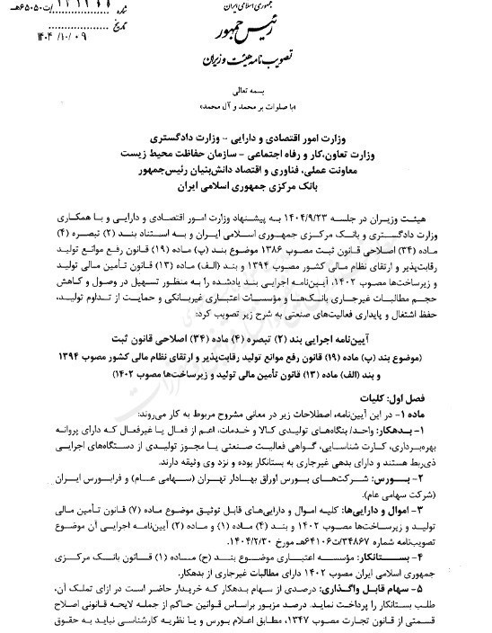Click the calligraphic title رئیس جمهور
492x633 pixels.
click(x=244, y=33)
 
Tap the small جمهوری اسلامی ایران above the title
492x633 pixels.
click(x=245, y=8)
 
